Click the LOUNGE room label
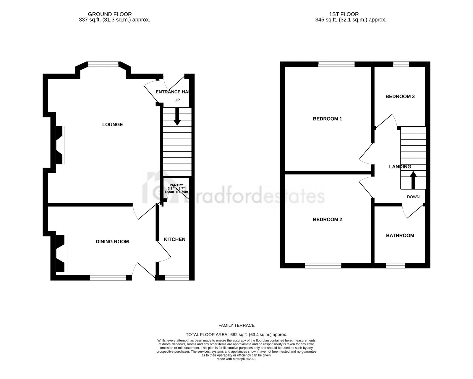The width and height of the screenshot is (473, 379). click(112, 124)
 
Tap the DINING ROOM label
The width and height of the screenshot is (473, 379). click(112, 242)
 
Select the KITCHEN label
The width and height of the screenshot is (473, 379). click(175, 239)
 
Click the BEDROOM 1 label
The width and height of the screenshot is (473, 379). click(327, 119)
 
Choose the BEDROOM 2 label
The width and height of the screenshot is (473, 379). click(327, 219)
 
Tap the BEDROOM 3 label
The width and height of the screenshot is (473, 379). click(400, 96)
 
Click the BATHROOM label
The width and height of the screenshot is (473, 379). click(400, 235)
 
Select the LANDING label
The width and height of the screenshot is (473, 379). click(400, 167)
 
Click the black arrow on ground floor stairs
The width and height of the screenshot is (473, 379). click(177, 116)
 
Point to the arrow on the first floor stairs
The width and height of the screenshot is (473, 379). click(413, 180)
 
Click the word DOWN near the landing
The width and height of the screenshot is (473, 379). click(413, 197)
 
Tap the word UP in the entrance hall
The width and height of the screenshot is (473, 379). click(177, 100)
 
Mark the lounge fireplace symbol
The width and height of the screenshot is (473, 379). click(60, 145)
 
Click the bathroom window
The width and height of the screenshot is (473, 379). click(396, 266)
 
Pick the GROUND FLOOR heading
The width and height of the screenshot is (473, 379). click(110, 14)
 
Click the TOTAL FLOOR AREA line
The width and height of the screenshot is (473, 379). click(236, 335)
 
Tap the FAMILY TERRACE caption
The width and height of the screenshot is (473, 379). click(236, 325)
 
